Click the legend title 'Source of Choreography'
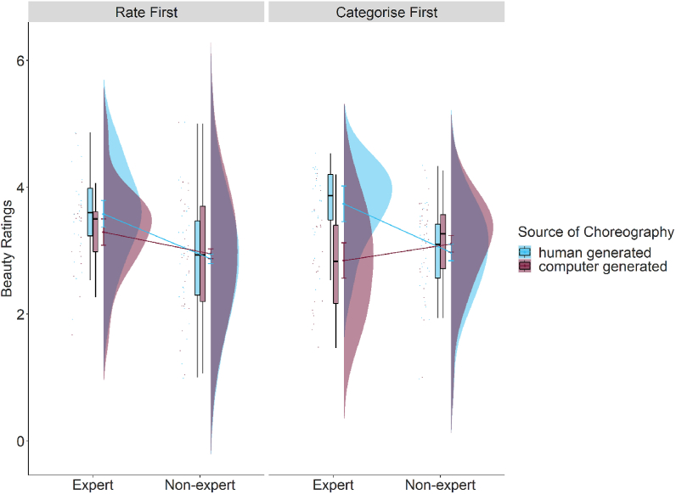point(595,232)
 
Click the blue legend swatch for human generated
point(525,252)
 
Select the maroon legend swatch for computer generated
point(525,267)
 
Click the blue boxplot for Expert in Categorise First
point(331,197)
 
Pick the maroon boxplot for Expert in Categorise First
point(336,263)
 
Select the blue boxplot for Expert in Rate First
point(90,212)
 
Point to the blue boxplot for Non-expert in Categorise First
point(438,250)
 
